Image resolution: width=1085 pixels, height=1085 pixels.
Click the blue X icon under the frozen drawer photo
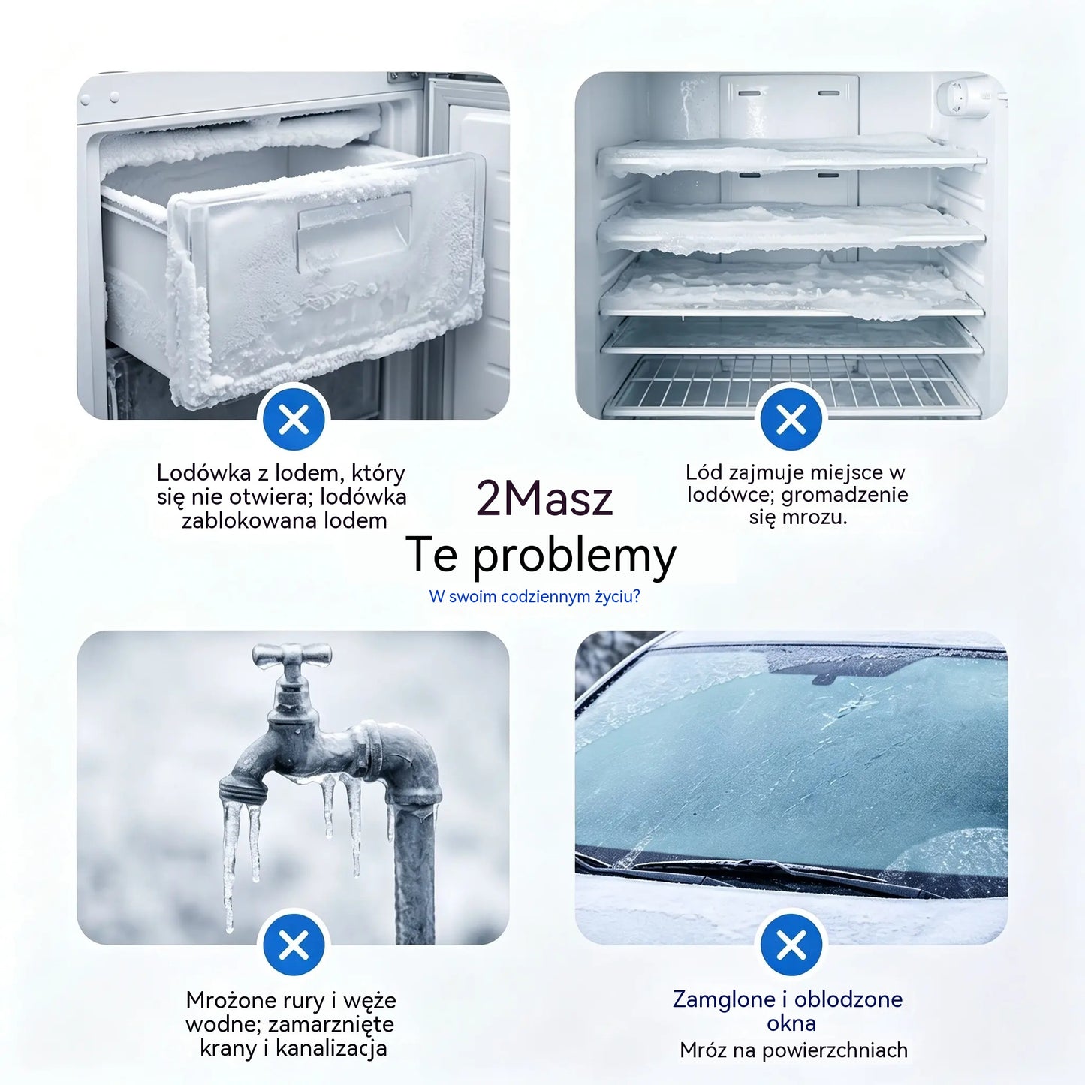294,419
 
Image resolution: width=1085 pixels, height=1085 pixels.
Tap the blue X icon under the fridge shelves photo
791,419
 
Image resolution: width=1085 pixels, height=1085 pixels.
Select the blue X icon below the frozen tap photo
294,945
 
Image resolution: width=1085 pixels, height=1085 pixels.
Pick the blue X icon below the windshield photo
791,945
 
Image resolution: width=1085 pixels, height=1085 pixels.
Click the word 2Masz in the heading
544,499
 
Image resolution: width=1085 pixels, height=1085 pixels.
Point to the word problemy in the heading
574,556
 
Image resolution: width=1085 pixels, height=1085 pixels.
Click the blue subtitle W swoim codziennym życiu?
535,597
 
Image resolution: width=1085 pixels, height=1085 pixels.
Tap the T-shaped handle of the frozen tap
291,655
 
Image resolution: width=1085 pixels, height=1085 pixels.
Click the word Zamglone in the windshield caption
724,999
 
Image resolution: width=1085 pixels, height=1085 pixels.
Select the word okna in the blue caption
791,1023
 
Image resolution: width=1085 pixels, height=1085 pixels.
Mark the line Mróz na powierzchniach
794,1050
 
